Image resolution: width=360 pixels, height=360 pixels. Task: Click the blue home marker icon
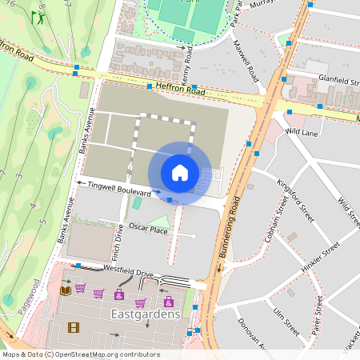pyautogui.click(x=180, y=173)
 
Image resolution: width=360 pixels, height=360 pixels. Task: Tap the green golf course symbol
pyautogui.click(x=38, y=16)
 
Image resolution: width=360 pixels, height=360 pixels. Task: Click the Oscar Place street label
pyautogui.click(x=148, y=230)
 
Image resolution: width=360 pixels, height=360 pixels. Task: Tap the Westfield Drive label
pyautogui.click(x=122, y=274)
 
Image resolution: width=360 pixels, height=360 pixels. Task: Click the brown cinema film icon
pyautogui.click(x=74, y=326)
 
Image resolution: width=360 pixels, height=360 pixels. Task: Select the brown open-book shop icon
pyautogui.click(x=66, y=290)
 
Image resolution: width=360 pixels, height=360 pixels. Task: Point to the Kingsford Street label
pyautogui.click(x=294, y=196)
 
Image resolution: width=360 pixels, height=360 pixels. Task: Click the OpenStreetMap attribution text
pyautogui.click(x=70, y=354)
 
